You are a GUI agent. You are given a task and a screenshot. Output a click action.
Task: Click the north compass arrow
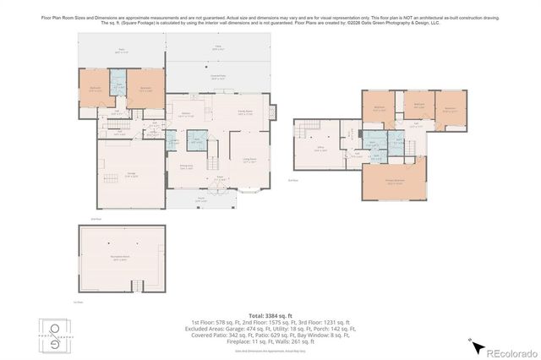pos(476,345)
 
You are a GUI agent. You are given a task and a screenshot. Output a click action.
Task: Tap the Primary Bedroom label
pos(394,183)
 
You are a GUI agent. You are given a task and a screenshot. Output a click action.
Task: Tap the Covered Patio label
pos(217,77)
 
